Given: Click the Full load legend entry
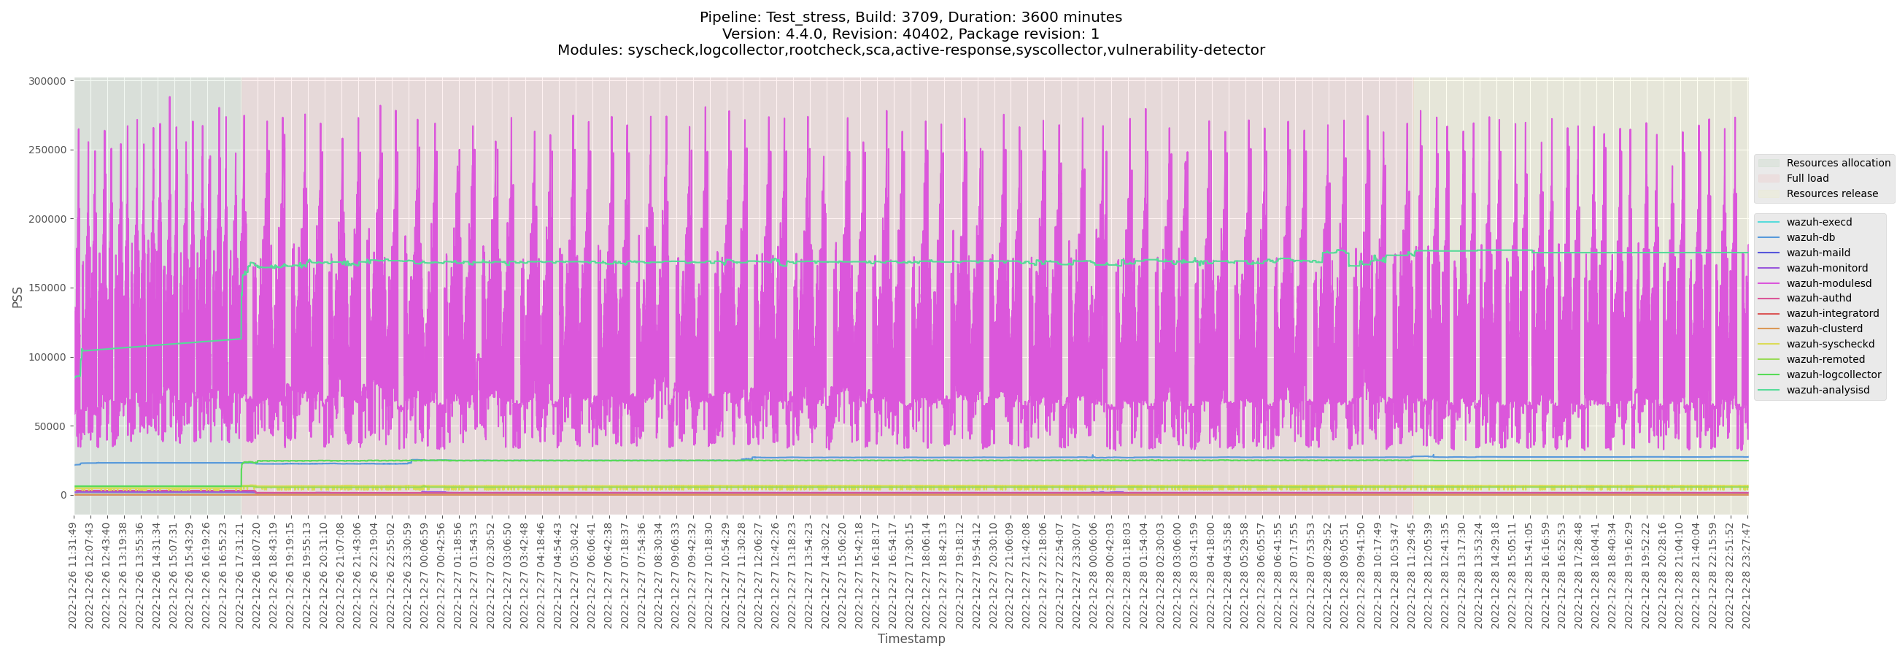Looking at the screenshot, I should click(x=1807, y=178).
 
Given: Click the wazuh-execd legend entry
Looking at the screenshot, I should click(x=1819, y=223).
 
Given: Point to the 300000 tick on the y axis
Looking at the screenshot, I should click(x=47, y=81).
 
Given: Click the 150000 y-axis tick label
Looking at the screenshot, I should click(x=47, y=288).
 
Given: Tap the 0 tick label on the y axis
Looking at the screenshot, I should click(x=63, y=496).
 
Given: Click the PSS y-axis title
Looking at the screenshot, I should click(x=18, y=298).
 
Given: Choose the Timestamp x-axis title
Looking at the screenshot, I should click(x=911, y=639).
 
